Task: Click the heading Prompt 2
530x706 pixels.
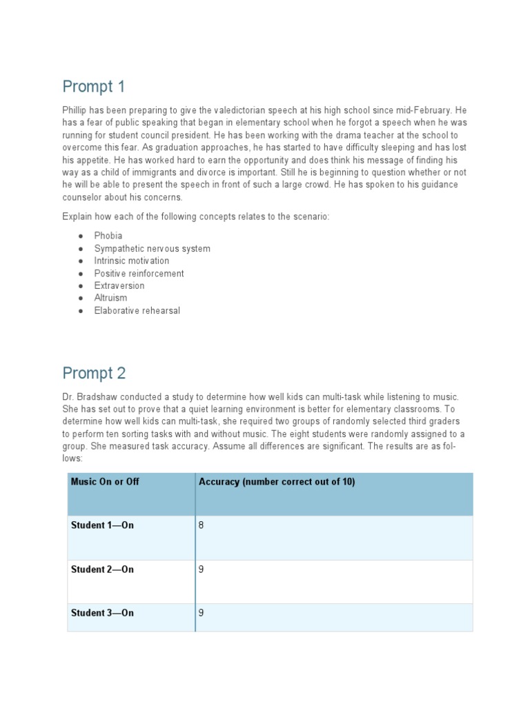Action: point(94,373)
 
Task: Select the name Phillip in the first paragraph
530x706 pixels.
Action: point(76,111)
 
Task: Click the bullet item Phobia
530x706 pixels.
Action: point(108,236)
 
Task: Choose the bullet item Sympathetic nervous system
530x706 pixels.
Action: point(152,248)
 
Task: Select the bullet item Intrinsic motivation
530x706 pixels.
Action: point(131,261)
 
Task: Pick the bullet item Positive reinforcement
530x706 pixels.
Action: point(139,273)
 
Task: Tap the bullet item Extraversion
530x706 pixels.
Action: point(119,285)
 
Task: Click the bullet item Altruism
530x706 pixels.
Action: point(110,298)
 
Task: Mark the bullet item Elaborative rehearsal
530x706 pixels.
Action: point(137,310)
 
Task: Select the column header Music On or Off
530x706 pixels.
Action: point(105,482)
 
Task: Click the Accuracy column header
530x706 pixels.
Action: point(277,482)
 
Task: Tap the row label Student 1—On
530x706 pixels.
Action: point(102,525)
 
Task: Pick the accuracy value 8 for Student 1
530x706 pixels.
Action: point(202,525)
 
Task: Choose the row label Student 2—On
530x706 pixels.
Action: point(102,569)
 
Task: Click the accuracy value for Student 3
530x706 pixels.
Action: point(202,613)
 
